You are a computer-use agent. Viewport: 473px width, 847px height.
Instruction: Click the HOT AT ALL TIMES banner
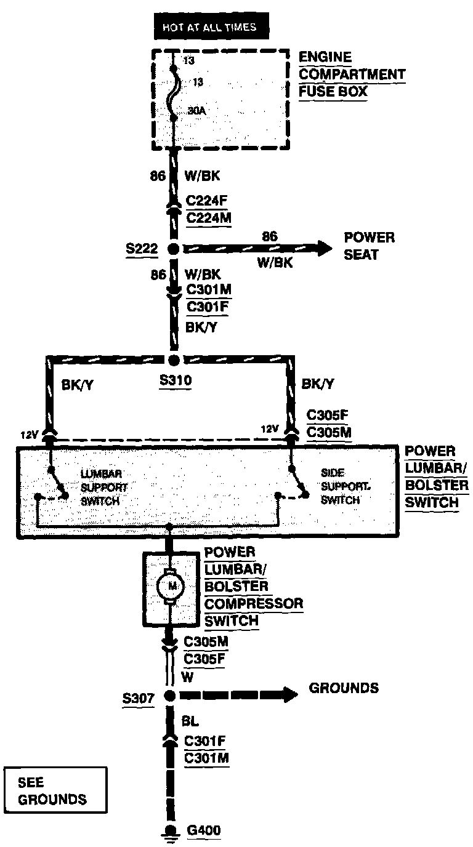pos(208,28)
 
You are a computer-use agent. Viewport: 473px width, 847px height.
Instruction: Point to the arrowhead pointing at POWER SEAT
pos(324,248)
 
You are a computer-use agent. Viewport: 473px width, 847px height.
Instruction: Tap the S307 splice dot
pos(171,696)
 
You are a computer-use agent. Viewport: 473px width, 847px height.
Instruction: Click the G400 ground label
pos(204,831)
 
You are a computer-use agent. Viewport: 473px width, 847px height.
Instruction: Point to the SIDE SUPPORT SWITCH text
pos(341,486)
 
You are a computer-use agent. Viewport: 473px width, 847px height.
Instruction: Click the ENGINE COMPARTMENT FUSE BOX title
pos(352,74)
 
